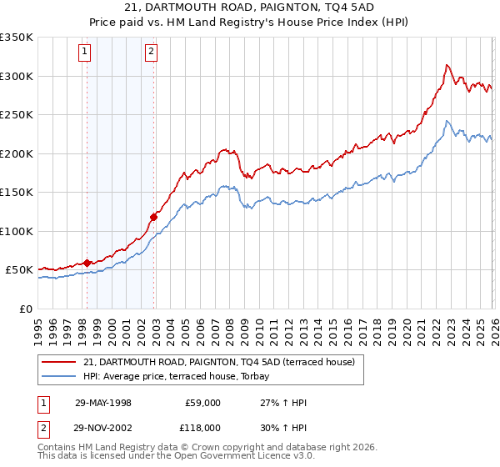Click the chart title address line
pos(250,8)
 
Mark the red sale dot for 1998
pos(87,263)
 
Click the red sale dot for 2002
pos(153,217)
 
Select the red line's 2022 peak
pos(447,65)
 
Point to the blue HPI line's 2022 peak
pos(447,121)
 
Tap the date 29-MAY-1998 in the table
pos(103,403)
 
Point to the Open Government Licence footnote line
pos(176,456)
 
